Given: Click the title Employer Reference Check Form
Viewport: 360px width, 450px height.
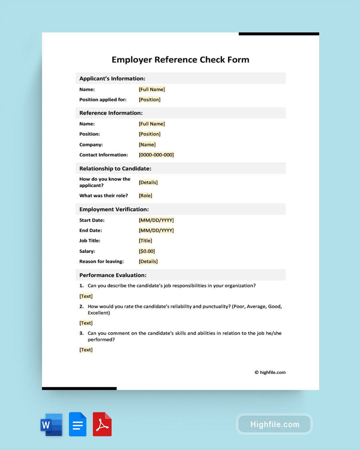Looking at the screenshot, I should (x=180, y=60).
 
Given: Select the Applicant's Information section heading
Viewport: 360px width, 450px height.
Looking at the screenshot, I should (x=112, y=79).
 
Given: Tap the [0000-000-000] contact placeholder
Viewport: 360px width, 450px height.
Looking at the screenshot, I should (x=156, y=155).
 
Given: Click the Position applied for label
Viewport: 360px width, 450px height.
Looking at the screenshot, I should (x=103, y=100).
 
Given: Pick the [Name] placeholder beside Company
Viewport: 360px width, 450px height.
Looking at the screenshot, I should (x=147, y=144).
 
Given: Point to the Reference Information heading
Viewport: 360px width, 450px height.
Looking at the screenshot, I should (x=111, y=113).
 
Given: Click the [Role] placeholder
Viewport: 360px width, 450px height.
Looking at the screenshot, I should (x=145, y=196).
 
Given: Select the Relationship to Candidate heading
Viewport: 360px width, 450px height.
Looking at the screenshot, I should (x=115, y=169).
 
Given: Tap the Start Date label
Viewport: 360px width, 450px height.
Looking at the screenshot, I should (x=92, y=220).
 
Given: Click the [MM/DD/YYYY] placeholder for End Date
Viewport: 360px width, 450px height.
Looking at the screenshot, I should (x=156, y=230).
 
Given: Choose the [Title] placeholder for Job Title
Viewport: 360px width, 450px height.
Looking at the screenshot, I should (x=145, y=241).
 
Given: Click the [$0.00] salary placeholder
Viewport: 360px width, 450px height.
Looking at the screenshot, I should (x=147, y=251).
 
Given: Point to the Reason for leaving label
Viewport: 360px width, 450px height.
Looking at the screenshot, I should (x=102, y=262).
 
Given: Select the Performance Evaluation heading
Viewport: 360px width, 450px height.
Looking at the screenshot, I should (x=113, y=275).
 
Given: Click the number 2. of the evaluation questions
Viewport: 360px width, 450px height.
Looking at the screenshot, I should (x=81, y=307).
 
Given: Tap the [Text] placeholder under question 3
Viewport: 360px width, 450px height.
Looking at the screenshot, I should (x=86, y=350).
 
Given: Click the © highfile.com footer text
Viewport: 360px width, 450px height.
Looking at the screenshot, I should (x=270, y=372).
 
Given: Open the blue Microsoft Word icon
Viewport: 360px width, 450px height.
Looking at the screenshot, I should (x=51, y=424).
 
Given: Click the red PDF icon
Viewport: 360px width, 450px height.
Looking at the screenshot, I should (x=102, y=424).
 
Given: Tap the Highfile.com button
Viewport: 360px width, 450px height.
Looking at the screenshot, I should (x=274, y=424).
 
